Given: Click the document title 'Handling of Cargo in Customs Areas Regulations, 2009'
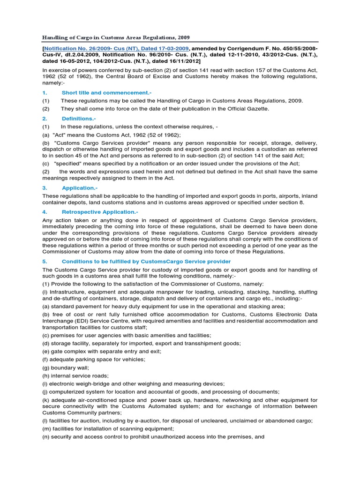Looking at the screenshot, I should tap(116, 37).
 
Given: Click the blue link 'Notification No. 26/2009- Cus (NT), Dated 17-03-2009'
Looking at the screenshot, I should tap(117, 48).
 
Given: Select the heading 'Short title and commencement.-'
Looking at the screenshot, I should tap(100, 92).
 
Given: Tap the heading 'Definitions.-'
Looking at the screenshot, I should tap(79, 119).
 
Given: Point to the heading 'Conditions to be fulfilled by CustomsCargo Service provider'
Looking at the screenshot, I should tap(146, 261).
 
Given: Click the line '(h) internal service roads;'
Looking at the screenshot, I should tap(75, 376).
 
